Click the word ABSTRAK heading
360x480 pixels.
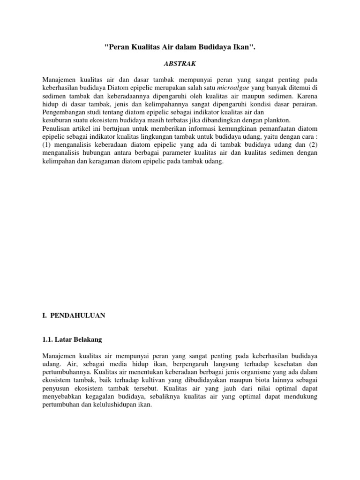coord(180,62)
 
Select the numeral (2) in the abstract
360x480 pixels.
coord(313,144)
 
